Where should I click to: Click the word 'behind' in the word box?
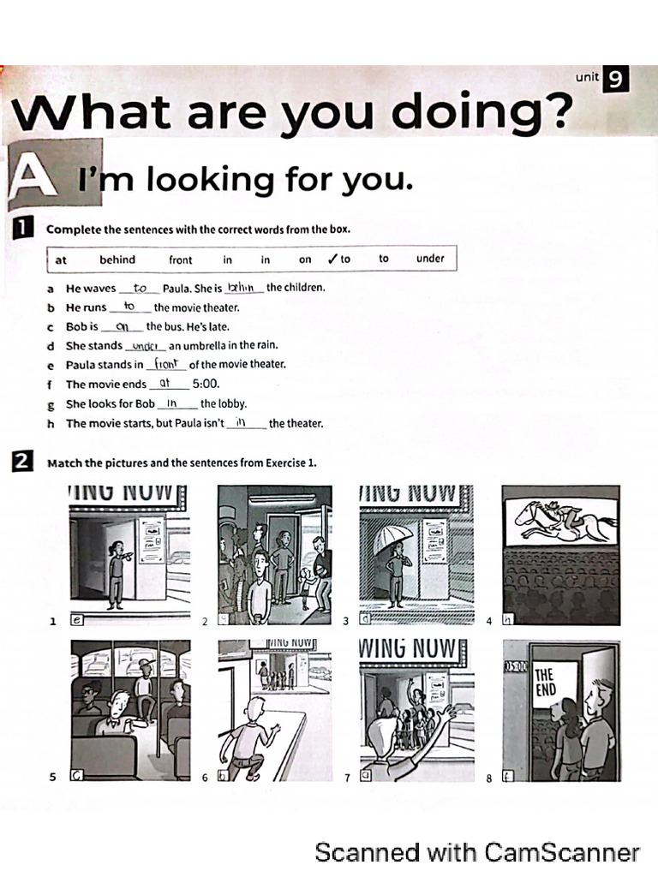click(x=117, y=260)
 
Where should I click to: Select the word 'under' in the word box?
click(x=430, y=259)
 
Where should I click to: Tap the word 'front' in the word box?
click(x=181, y=260)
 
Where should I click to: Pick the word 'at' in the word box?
click(x=61, y=260)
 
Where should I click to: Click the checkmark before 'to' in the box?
click(x=332, y=259)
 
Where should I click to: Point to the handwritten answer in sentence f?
click(x=166, y=383)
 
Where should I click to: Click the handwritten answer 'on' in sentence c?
click(x=122, y=325)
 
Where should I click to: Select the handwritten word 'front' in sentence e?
click(x=165, y=363)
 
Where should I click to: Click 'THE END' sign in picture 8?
click(x=546, y=683)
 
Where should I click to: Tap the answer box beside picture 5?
click(x=76, y=776)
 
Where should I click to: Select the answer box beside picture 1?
click(x=76, y=621)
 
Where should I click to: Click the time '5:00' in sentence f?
click(x=206, y=385)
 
